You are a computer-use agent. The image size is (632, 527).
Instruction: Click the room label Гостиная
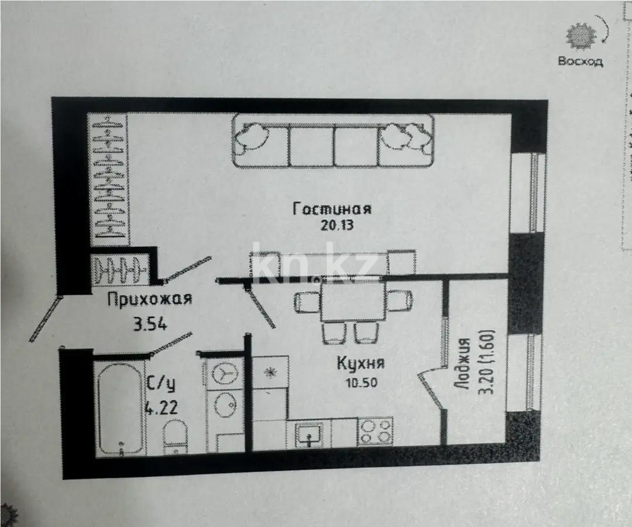point(332,209)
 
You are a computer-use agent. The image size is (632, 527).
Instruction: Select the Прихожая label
point(150,300)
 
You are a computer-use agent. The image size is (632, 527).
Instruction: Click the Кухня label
point(360,363)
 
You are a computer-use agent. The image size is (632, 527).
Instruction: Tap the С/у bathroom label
point(160,385)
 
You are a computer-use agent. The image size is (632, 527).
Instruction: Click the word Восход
point(580,61)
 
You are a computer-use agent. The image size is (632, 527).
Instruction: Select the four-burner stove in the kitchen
point(375,432)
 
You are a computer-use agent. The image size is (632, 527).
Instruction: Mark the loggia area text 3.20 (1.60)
point(487,364)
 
